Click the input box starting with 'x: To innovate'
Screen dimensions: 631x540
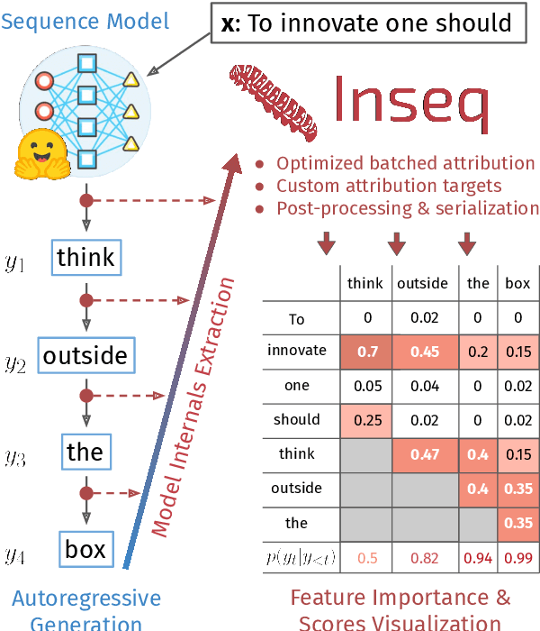(367, 25)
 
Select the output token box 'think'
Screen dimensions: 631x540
(85, 257)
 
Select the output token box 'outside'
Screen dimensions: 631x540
(85, 355)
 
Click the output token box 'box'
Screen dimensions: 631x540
(85, 549)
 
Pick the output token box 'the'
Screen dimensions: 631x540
(85, 452)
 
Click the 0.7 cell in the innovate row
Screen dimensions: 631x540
(366, 352)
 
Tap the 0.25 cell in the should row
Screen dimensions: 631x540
(366, 420)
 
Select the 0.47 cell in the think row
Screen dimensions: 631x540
(425, 454)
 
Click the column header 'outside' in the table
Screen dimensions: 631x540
(422, 283)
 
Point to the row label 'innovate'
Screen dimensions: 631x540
(296, 351)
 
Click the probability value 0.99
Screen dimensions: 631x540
(517, 558)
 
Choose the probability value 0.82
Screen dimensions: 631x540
(425, 558)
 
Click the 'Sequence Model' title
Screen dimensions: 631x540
(85, 19)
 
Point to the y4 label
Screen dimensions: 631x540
(15, 555)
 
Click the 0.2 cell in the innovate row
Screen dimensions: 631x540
(478, 352)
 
